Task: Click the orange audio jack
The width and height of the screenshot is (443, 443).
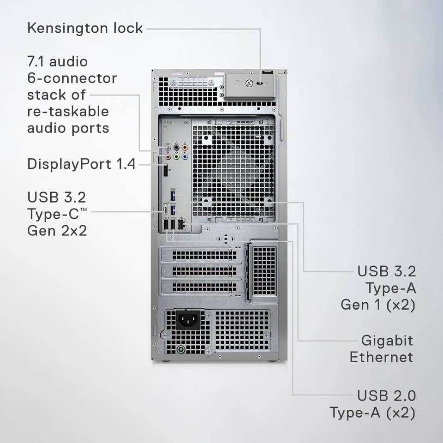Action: click(x=185, y=148)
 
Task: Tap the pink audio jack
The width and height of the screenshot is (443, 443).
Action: click(x=168, y=157)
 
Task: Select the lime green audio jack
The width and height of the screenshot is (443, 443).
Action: click(x=176, y=157)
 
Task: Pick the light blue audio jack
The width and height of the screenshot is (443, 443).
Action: click(x=185, y=157)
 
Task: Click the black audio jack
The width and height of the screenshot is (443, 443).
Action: click(x=176, y=148)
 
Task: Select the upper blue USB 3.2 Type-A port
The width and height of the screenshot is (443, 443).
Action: click(x=174, y=197)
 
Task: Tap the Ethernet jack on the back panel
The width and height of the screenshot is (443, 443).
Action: click(x=181, y=225)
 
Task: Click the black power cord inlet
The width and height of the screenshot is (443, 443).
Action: click(x=189, y=319)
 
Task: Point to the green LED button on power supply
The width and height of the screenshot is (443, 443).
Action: click(x=180, y=349)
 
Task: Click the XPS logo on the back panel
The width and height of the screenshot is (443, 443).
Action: click(x=167, y=123)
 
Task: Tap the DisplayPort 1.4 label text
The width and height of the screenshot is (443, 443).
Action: click(x=81, y=164)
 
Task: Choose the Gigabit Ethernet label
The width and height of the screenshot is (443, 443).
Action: click(x=381, y=348)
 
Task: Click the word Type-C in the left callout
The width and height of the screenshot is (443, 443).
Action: click(x=54, y=214)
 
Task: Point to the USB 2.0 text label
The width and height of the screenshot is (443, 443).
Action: click(x=386, y=395)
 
